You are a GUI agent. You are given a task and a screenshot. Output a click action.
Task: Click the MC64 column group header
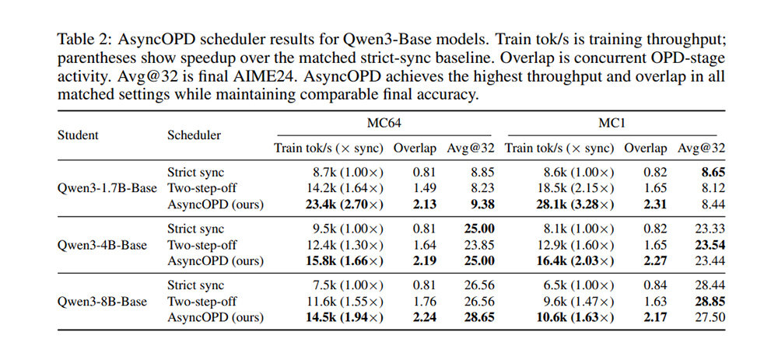point(384,124)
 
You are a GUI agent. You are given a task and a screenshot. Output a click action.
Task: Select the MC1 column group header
point(612,124)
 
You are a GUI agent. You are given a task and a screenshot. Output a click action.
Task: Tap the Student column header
point(78,135)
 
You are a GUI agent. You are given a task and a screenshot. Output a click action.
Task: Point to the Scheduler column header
point(194,135)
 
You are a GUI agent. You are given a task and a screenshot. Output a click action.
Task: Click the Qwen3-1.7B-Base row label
point(107,188)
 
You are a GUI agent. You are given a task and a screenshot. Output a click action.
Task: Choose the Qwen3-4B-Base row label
point(102,245)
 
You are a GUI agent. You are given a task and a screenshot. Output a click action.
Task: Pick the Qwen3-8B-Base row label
point(102,302)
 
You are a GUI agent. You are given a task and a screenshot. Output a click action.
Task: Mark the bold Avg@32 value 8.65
point(713,173)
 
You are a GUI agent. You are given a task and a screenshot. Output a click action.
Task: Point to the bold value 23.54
point(710,245)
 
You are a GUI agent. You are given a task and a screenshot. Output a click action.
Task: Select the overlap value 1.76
point(424,302)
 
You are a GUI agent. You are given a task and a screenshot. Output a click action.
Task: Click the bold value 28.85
point(710,302)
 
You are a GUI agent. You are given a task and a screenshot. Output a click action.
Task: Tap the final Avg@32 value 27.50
point(710,317)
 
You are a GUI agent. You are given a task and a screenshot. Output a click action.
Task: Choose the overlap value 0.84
point(655,285)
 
